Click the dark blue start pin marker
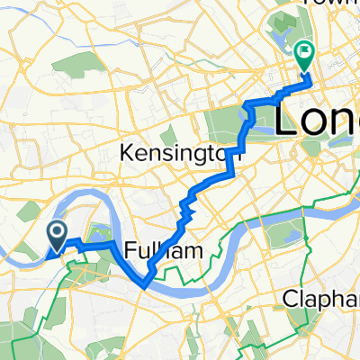pyautogui.click(x=56, y=237)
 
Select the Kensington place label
pyautogui.click(x=175, y=156)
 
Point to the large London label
pyautogui.click(x=315, y=119)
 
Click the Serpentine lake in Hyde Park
pyautogui.click(x=256, y=115)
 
